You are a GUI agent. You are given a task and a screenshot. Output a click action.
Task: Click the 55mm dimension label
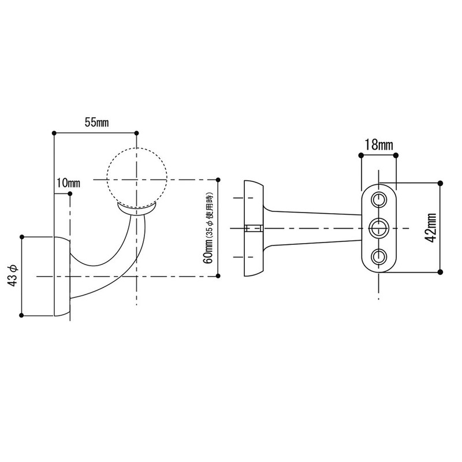pyautogui.click(x=97, y=122)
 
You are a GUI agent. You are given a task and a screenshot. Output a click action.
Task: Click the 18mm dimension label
pyautogui.click(x=378, y=144)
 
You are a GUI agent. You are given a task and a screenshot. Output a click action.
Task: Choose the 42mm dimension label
pyautogui.click(x=430, y=228)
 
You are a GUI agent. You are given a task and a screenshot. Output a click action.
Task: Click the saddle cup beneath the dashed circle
pyautogui.click(x=137, y=208)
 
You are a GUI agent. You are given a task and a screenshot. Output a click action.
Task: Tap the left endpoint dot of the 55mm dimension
pyautogui.click(x=54, y=132)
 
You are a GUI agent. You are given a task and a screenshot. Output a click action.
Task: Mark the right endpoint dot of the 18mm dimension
pyautogui.click(x=396, y=155)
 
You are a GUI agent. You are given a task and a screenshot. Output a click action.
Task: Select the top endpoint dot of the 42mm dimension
pyautogui.click(x=441, y=183)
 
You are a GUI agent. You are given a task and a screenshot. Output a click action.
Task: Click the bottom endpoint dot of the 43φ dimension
pyautogui.click(x=22, y=315)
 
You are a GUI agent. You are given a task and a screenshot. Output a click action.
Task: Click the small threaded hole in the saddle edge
pyautogui.click(x=254, y=228)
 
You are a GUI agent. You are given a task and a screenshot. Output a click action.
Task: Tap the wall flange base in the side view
pyautogui.click(x=62, y=276)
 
